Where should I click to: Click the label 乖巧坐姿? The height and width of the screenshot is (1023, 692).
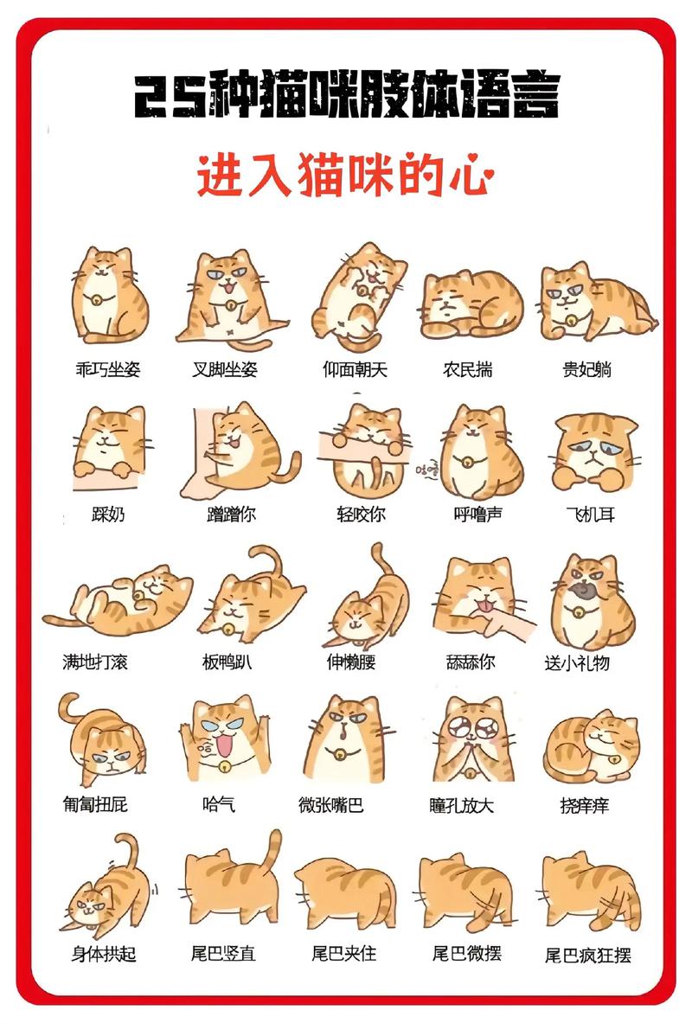coord(107,369)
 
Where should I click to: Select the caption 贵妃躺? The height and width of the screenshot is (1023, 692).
coord(587,369)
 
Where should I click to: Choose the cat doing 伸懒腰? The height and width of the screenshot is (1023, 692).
coord(363,601)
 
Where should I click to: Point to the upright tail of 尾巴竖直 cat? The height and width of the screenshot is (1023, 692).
coord(274,852)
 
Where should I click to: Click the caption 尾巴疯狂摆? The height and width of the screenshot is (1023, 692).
coord(587,956)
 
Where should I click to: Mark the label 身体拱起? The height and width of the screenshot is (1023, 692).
coord(104,955)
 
